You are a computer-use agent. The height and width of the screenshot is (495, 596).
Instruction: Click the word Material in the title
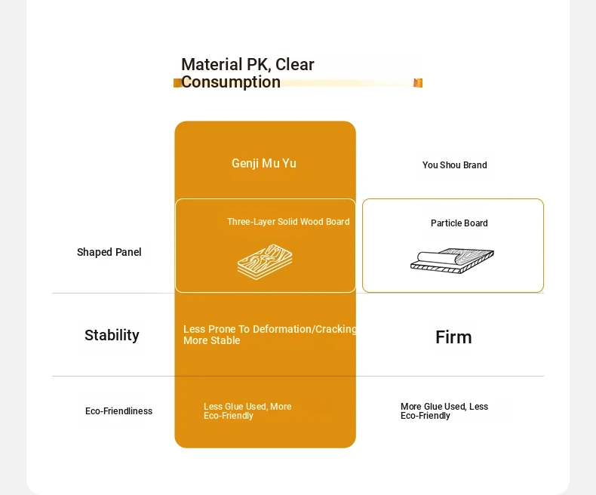[x=212, y=65]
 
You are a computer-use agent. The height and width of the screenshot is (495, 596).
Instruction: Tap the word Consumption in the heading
[x=231, y=82]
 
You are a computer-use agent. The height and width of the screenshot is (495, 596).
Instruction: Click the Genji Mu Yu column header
[x=264, y=164]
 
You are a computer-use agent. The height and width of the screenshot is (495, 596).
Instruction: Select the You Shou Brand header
[x=455, y=165]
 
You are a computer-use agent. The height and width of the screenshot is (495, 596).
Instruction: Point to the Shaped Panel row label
[x=109, y=252]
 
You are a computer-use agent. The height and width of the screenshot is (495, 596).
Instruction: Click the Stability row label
[x=112, y=335]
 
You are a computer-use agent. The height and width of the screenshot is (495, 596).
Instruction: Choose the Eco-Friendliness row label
[x=118, y=411]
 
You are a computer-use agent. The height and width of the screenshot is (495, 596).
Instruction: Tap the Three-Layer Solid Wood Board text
[x=288, y=222]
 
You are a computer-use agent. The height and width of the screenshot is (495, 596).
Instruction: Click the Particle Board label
[x=459, y=223]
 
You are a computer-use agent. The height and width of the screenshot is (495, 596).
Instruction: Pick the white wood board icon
[x=265, y=262]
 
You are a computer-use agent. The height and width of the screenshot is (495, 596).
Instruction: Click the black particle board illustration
[x=452, y=261]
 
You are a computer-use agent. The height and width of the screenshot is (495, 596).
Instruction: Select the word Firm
[x=453, y=337]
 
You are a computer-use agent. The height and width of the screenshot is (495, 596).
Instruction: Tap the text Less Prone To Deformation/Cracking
[x=270, y=329]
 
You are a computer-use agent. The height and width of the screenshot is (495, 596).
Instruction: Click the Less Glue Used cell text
[x=247, y=411]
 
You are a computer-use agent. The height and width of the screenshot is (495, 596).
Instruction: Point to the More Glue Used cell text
[x=444, y=411]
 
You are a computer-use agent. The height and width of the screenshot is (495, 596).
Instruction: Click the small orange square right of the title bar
[x=418, y=83]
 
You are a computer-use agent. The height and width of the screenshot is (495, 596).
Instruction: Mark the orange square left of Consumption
[x=177, y=83]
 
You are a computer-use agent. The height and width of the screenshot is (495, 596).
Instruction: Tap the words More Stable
[x=212, y=340]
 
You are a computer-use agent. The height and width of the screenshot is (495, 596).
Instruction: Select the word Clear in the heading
[x=294, y=65]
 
